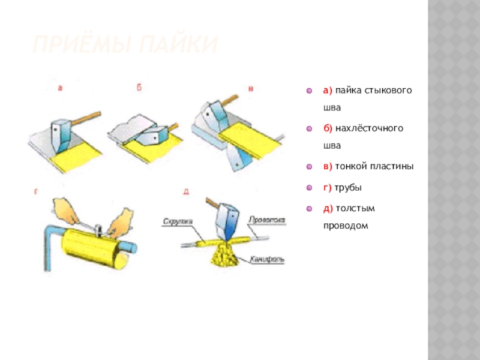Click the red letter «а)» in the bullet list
pyautogui.click(x=328, y=91)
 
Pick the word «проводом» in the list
pyautogui.click(x=344, y=226)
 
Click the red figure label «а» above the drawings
pyautogui.click(x=61, y=88)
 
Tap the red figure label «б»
pyautogui.click(x=139, y=88)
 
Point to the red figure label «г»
pyautogui.click(x=36, y=192)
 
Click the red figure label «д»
pyautogui.click(x=186, y=192)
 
